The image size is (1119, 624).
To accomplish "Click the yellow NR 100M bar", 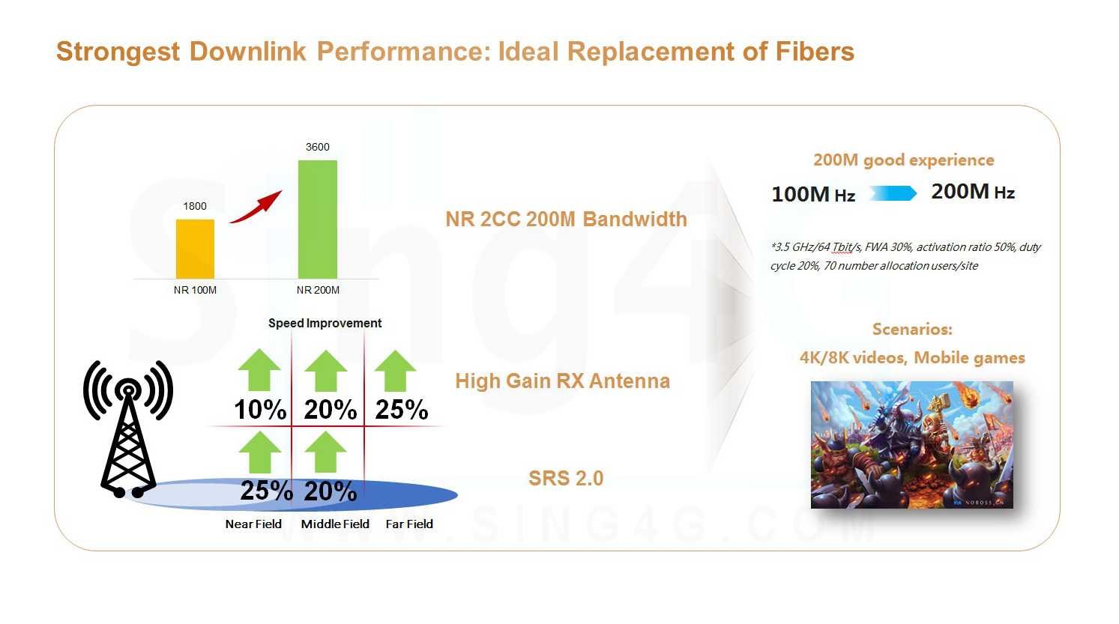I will [x=195, y=249].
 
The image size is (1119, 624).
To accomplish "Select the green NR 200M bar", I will [x=318, y=219].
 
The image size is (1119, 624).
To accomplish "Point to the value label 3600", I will [x=318, y=147].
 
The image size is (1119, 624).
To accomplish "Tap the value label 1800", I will [x=195, y=206].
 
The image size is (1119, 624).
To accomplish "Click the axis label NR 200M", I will [x=318, y=290].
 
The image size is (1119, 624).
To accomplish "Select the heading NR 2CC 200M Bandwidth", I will [x=566, y=219].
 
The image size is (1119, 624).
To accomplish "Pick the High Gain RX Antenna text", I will [x=562, y=381].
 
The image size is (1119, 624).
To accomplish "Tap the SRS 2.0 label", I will [x=566, y=478].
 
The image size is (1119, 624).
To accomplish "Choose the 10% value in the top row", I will [x=260, y=410].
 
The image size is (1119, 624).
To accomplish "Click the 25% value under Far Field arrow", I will [x=402, y=410].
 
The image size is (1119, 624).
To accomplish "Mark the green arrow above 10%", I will [x=259, y=370].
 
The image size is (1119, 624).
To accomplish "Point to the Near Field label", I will [x=253, y=524].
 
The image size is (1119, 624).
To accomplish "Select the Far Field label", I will [x=409, y=524].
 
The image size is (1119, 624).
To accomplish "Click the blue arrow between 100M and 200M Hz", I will [x=893, y=193].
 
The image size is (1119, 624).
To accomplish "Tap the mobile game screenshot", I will [x=911, y=444].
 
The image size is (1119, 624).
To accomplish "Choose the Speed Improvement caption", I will [x=325, y=323].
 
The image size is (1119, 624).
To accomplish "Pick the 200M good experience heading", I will [x=903, y=160].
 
